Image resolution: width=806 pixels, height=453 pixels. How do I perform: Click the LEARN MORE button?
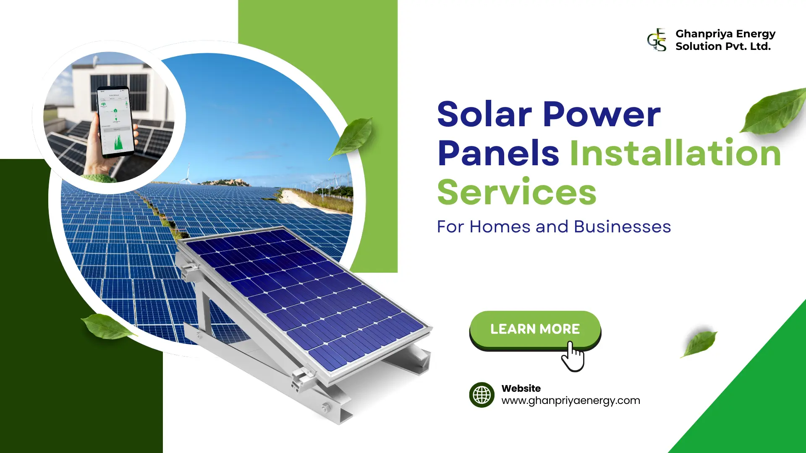coord(535,329)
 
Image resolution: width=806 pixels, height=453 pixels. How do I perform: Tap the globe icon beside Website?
coord(482,395)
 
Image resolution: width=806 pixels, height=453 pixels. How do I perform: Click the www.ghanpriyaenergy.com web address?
coord(570,401)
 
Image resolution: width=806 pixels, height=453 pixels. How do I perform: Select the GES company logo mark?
coord(657,40)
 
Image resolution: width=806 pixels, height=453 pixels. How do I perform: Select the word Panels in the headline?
coord(498,153)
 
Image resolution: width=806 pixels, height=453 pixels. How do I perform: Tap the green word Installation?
coord(675,153)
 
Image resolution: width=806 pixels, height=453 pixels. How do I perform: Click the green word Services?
coord(517,192)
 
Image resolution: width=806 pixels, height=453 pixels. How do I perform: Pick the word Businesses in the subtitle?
coord(622,227)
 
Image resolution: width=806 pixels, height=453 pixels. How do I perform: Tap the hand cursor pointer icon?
coord(573,357)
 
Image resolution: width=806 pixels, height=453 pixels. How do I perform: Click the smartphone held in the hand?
coord(115,122)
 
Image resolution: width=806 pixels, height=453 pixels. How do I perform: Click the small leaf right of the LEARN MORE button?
coord(699,342)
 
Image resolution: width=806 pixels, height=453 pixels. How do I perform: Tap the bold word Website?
coord(521,388)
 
